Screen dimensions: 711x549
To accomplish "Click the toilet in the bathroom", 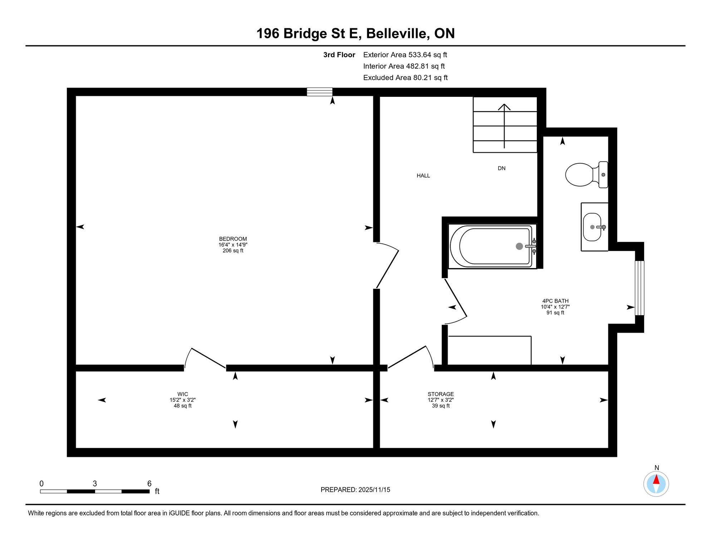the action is [586, 175].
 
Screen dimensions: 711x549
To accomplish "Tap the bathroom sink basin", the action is [592, 227].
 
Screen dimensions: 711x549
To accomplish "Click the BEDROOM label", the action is [233, 239].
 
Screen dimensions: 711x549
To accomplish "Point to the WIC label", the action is [182, 394].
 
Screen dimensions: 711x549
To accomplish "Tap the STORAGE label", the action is [441, 394].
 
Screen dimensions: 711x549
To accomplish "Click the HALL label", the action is [423, 175].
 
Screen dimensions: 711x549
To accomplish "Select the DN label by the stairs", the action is [501, 168].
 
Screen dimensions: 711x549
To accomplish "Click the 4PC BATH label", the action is [555, 301].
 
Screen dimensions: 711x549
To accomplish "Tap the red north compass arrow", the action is [656, 479].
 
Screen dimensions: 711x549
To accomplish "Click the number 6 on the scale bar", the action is [149, 484].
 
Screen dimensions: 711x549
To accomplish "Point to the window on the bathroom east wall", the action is [639, 288].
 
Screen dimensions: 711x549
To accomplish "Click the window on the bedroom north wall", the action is [320, 92].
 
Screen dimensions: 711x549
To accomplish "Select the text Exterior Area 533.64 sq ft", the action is [405, 55].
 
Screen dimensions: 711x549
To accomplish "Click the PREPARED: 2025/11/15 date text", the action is [355, 490].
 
